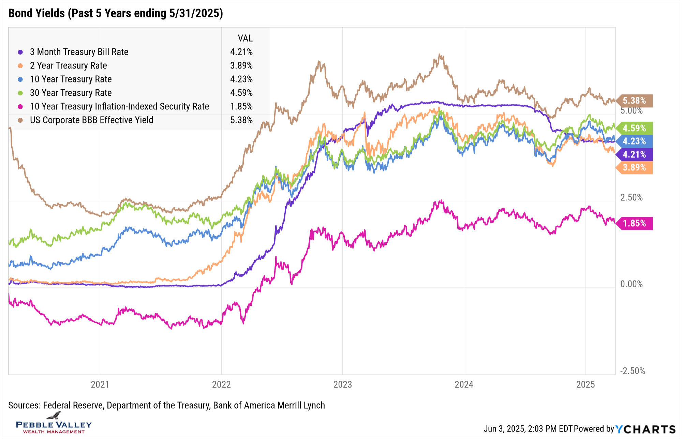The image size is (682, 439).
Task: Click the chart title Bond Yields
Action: tap(115, 13)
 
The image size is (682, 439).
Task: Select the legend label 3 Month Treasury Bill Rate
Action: tap(79, 52)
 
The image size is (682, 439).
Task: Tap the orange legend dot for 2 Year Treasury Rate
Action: tap(20, 65)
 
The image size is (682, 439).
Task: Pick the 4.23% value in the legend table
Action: tap(241, 79)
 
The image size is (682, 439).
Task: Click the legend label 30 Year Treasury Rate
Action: tap(71, 93)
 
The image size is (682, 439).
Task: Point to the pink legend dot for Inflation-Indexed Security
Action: tap(20, 106)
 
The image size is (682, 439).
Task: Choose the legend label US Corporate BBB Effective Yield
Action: tap(91, 120)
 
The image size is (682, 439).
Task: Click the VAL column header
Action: tap(245, 38)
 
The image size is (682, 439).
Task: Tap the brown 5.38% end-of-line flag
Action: tap(634, 101)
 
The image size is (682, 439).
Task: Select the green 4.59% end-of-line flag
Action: tap(634, 128)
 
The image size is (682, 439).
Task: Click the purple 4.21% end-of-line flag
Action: tap(634, 154)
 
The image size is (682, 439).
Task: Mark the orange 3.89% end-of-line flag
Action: tap(634, 167)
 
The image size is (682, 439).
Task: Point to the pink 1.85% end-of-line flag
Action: tap(634, 223)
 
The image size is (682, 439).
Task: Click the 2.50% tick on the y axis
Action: tap(631, 197)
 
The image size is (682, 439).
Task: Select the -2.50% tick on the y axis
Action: tap(633, 371)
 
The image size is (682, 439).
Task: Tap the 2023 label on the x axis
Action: tap(342, 384)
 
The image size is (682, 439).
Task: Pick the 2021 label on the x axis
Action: tap(100, 384)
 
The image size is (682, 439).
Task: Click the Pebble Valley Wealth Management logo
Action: tap(54, 424)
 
